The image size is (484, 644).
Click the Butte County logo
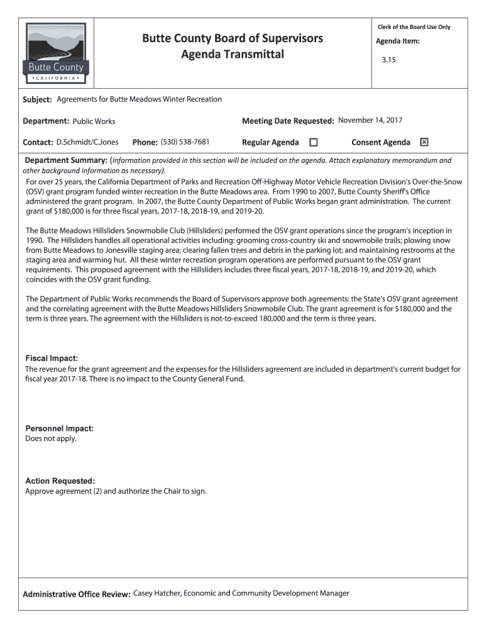(57, 53)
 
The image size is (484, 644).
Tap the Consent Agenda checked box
(424, 142)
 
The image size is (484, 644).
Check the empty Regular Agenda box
(314, 142)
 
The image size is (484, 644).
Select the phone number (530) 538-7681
(185, 142)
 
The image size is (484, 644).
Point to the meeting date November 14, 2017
(370, 120)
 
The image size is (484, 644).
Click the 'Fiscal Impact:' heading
(52, 358)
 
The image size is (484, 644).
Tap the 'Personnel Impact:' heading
(59, 428)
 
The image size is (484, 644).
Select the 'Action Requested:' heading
(60, 481)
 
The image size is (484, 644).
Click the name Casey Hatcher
(157, 593)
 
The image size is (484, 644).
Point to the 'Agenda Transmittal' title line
(233, 55)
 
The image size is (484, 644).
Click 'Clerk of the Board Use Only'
(414, 27)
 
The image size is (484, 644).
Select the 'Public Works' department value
(94, 121)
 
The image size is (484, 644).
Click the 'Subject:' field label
(37, 100)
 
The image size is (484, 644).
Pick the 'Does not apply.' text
(51, 438)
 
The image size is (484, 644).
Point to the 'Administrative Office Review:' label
(77, 594)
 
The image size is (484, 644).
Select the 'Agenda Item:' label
(397, 42)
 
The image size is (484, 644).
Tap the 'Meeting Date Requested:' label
(287, 121)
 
